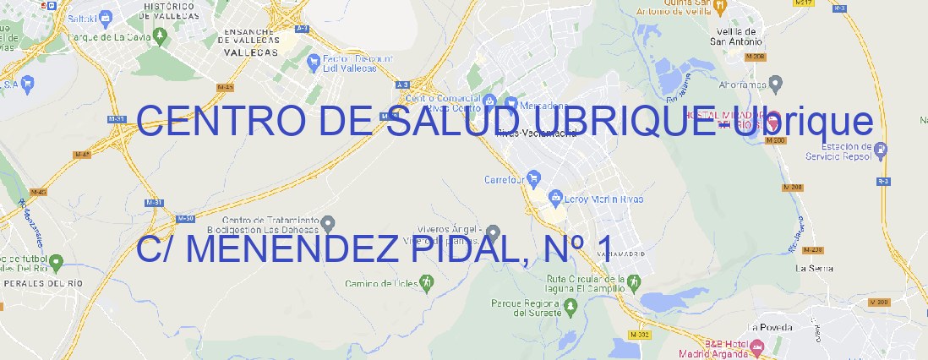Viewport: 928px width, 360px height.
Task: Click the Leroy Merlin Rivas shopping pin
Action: click(555, 199)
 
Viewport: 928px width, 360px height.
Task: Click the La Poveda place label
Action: click(770, 327)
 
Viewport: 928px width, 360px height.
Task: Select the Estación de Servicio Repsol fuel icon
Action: click(882, 150)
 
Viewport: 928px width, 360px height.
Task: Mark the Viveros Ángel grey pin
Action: click(494, 232)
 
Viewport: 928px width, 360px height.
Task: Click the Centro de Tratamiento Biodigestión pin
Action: click(329, 223)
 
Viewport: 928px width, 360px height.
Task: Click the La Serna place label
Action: click(815, 268)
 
